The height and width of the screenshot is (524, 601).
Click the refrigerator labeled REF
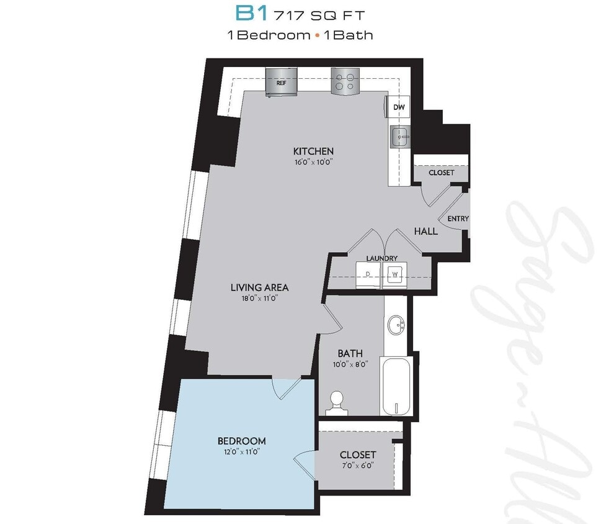(281, 81)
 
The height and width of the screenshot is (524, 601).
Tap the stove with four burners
(345, 81)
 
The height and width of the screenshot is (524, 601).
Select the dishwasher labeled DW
(399, 108)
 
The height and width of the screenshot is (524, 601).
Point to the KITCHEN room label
(313, 151)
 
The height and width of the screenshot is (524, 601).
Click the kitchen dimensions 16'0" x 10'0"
(313, 162)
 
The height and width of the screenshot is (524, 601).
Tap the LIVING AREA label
(259, 287)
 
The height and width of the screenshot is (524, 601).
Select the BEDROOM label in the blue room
(241, 441)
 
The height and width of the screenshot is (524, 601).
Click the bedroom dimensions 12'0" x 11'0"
(241, 452)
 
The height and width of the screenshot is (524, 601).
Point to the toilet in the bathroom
(337, 403)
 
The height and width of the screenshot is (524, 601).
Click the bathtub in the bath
(395, 386)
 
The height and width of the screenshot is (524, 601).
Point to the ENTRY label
(458, 219)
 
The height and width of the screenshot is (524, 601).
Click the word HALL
(425, 231)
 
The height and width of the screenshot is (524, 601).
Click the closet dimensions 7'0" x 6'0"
(356, 465)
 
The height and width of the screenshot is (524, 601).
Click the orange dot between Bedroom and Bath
(317, 35)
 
